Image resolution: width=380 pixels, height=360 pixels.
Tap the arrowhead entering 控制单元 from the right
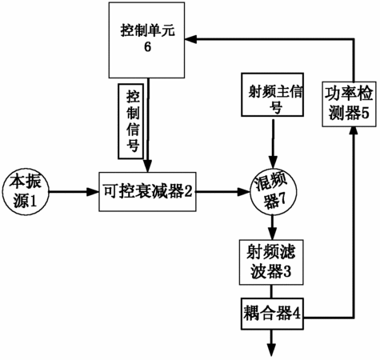point(191,39)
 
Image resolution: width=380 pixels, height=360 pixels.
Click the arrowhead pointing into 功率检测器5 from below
point(354,131)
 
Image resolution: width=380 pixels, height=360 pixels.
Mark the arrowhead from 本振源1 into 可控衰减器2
point(93,191)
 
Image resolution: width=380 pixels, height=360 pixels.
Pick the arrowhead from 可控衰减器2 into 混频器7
point(244,191)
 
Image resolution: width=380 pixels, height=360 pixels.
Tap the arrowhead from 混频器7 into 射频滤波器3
point(272,234)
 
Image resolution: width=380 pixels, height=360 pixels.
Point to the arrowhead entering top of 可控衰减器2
point(147,166)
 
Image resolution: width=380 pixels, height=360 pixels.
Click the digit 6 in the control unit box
point(147,47)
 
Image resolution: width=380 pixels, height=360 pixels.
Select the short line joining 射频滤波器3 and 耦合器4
point(272,291)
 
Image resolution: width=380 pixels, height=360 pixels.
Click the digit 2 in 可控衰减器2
point(188,191)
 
